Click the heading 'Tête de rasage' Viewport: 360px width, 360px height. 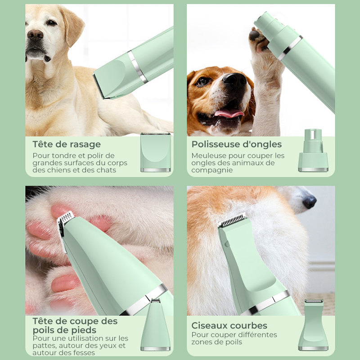pyautogui.click(x=67, y=144)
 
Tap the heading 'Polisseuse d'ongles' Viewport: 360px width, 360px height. pyautogui.click(x=236, y=144)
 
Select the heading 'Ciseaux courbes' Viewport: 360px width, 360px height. pyautogui.click(x=229, y=325)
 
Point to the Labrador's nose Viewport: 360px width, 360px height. pyautogui.click(x=35, y=35)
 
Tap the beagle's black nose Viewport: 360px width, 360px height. pyautogui.click(x=234, y=81)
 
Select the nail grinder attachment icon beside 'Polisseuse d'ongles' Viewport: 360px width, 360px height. pyautogui.click(x=313, y=150)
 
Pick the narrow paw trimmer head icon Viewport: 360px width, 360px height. pyautogui.click(x=155, y=325)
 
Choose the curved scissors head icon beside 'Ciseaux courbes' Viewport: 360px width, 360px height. pyautogui.click(x=313, y=325)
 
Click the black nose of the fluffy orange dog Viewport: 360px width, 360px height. pyautogui.click(x=309, y=202)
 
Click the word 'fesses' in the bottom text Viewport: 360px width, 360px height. pyautogui.click(x=84, y=353)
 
